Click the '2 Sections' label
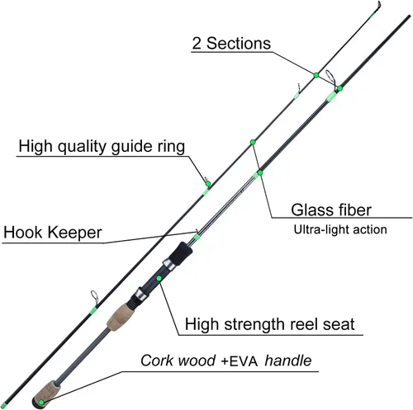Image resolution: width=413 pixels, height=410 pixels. (231, 44)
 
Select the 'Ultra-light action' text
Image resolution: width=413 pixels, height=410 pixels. (340, 229)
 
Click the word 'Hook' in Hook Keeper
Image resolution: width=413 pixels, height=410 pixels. (23, 233)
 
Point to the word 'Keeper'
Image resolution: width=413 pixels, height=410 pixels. (75, 233)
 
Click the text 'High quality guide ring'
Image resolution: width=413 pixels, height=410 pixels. (102, 146)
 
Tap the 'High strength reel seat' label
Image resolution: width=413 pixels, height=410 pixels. (269, 324)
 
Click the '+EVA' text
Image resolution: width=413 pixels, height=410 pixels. (239, 361)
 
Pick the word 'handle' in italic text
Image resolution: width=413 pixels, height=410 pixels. (288, 361)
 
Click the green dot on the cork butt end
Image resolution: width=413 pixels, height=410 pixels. (41, 403)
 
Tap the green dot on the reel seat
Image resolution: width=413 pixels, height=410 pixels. (159, 278)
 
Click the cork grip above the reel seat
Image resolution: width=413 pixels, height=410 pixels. (118, 316)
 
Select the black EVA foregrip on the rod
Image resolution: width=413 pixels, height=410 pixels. (180, 253)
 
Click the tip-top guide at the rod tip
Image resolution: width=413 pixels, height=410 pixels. (379, 5)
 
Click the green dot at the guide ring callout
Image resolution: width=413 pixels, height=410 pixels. (208, 184)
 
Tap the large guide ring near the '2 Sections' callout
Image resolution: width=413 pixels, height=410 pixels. (331, 79)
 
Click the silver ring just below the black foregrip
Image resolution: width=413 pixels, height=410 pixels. (169, 266)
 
